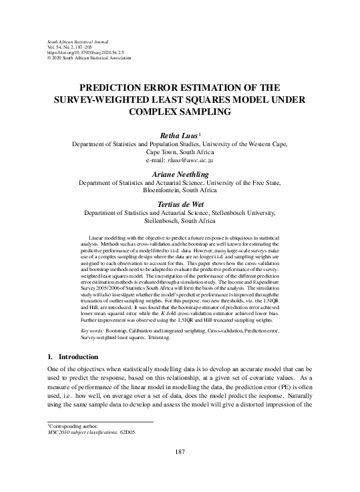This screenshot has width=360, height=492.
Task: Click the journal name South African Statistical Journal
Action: [70, 23]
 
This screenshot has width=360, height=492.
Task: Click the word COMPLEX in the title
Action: [153, 111]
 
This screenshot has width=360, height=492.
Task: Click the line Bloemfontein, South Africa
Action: [180, 190]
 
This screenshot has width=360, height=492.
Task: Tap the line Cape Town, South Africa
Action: [180, 152]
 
